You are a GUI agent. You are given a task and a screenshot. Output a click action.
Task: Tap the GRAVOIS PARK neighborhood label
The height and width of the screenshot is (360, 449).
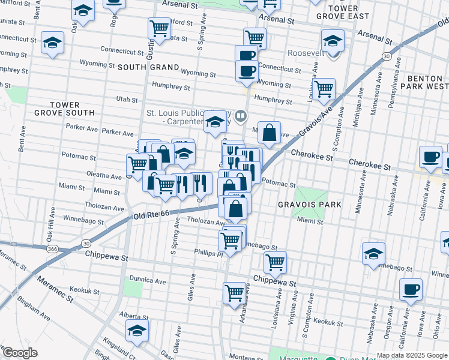pos(309,205)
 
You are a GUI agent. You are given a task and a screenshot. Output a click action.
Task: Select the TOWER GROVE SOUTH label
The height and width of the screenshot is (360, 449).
pos(73,108)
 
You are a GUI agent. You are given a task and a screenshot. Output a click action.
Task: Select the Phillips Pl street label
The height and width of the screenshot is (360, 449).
pos(208,253)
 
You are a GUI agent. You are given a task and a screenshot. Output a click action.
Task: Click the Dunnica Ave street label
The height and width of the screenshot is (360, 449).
pos(148,280)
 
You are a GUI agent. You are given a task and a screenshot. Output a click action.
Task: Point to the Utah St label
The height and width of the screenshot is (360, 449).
pos(127,98)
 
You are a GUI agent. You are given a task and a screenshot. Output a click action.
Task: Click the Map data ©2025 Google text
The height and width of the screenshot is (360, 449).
pos(411,355)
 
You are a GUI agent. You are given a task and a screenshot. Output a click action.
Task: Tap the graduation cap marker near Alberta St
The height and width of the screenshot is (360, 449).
pos(137,330)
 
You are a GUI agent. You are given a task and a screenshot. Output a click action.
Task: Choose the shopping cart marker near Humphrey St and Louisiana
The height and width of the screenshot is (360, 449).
pos(324,89)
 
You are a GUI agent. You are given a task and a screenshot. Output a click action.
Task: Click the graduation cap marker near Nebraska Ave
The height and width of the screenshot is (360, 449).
pos(373,253)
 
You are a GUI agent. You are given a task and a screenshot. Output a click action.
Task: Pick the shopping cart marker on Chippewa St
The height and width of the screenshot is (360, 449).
pos(275,262)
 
